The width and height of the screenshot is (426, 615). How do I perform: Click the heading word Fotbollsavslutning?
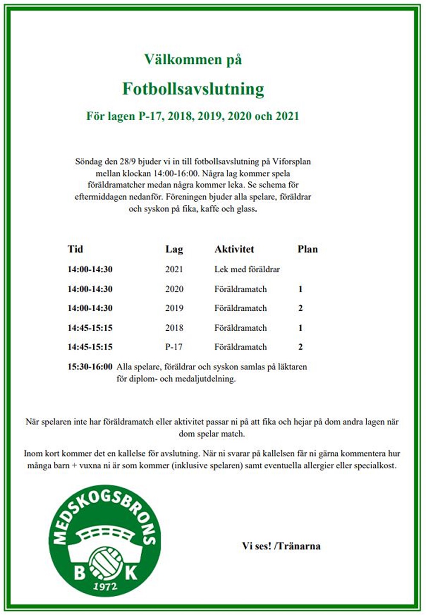[193, 89]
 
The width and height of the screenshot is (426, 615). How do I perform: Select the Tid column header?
[75, 249]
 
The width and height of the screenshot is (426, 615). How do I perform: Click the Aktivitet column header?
[234, 249]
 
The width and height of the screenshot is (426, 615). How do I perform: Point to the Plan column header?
[308, 249]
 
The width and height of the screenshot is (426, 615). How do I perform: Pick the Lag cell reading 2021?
[174, 269]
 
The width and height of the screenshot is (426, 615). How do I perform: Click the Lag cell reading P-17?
[174, 347]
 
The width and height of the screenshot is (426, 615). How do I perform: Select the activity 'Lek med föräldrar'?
[247, 269]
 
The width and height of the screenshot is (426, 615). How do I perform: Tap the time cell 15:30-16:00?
[90, 367]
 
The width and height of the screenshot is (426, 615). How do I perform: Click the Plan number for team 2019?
[300, 308]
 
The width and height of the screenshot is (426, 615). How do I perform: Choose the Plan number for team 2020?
[300, 289]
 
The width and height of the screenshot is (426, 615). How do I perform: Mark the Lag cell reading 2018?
[174, 328]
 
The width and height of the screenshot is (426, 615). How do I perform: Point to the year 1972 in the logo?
[105, 587]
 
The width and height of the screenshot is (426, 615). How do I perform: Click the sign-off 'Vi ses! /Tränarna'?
[281, 546]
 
